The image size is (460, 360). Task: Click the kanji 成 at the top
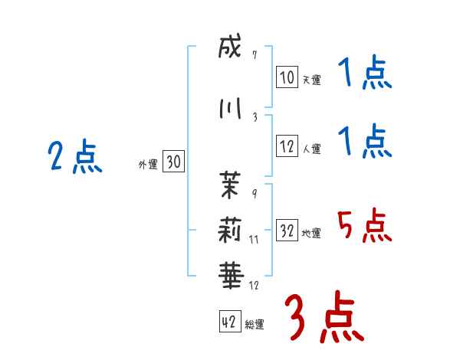[229, 48]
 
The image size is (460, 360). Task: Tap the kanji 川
[229, 109]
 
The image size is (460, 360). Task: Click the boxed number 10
[287, 77]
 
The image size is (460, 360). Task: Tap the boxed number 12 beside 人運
[287, 147]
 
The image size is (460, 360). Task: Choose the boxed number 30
[173, 162]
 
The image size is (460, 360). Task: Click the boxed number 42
[229, 322]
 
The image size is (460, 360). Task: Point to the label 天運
[310, 79]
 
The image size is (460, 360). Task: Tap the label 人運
[310, 149]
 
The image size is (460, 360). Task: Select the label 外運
[148, 164]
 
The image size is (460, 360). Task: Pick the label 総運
[254, 325]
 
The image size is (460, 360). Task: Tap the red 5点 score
[364, 227]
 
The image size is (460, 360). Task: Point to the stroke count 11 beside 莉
[255, 240]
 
